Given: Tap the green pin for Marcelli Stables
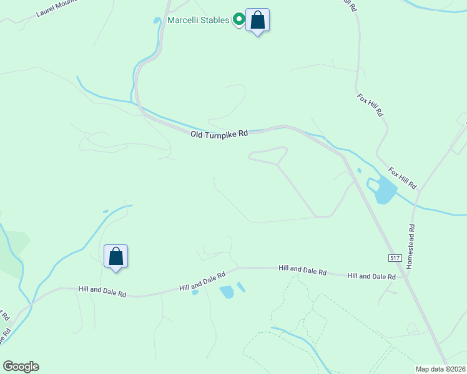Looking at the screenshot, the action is [x=238, y=20].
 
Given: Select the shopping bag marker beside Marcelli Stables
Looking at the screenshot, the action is [x=257, y=21].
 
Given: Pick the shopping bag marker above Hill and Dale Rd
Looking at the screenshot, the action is [x=116, y=257].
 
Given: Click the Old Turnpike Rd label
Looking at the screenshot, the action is [x=219, y=133].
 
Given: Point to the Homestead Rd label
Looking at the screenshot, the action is [x=410, y=247].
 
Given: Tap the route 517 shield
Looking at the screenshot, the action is [x=393, y=257].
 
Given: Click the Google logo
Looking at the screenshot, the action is [x=21, y=367].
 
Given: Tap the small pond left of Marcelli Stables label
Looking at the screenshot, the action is [x=157, y=20].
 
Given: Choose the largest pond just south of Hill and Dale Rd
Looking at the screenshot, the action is [x=227, y=291].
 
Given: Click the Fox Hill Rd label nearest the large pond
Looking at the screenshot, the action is [x=402, y=178].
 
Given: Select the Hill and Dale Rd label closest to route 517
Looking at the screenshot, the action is [x=371, y=276].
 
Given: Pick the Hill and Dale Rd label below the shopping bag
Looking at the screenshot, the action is [x=102, y=291].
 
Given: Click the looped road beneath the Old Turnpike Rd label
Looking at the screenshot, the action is [x=268, y=155].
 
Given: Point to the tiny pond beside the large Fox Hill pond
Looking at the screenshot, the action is [x=359, y=170].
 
